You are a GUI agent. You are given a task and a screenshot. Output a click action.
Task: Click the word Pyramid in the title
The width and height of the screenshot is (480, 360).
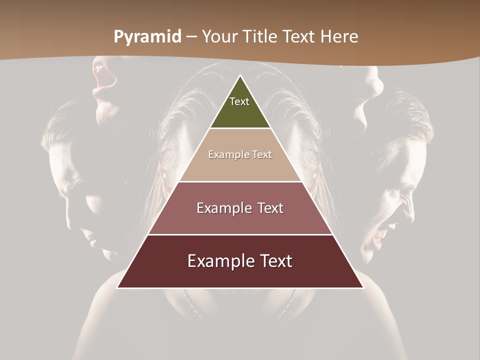coord(147,37)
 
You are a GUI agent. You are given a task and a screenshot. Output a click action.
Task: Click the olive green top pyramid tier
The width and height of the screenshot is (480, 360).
coord(240,112)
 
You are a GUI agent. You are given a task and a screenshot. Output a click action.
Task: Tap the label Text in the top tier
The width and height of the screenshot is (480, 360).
coord(239,101)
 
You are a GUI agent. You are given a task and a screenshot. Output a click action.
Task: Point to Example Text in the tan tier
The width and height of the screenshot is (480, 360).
coord(240,154)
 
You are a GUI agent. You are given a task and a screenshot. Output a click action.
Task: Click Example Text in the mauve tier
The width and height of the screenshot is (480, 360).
coord(240,208)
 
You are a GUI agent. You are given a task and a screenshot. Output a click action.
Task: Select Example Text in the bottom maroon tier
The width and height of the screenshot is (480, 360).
coord(240,261)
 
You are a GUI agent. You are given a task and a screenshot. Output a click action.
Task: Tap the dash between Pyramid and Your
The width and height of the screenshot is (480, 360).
coord(191,37)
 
